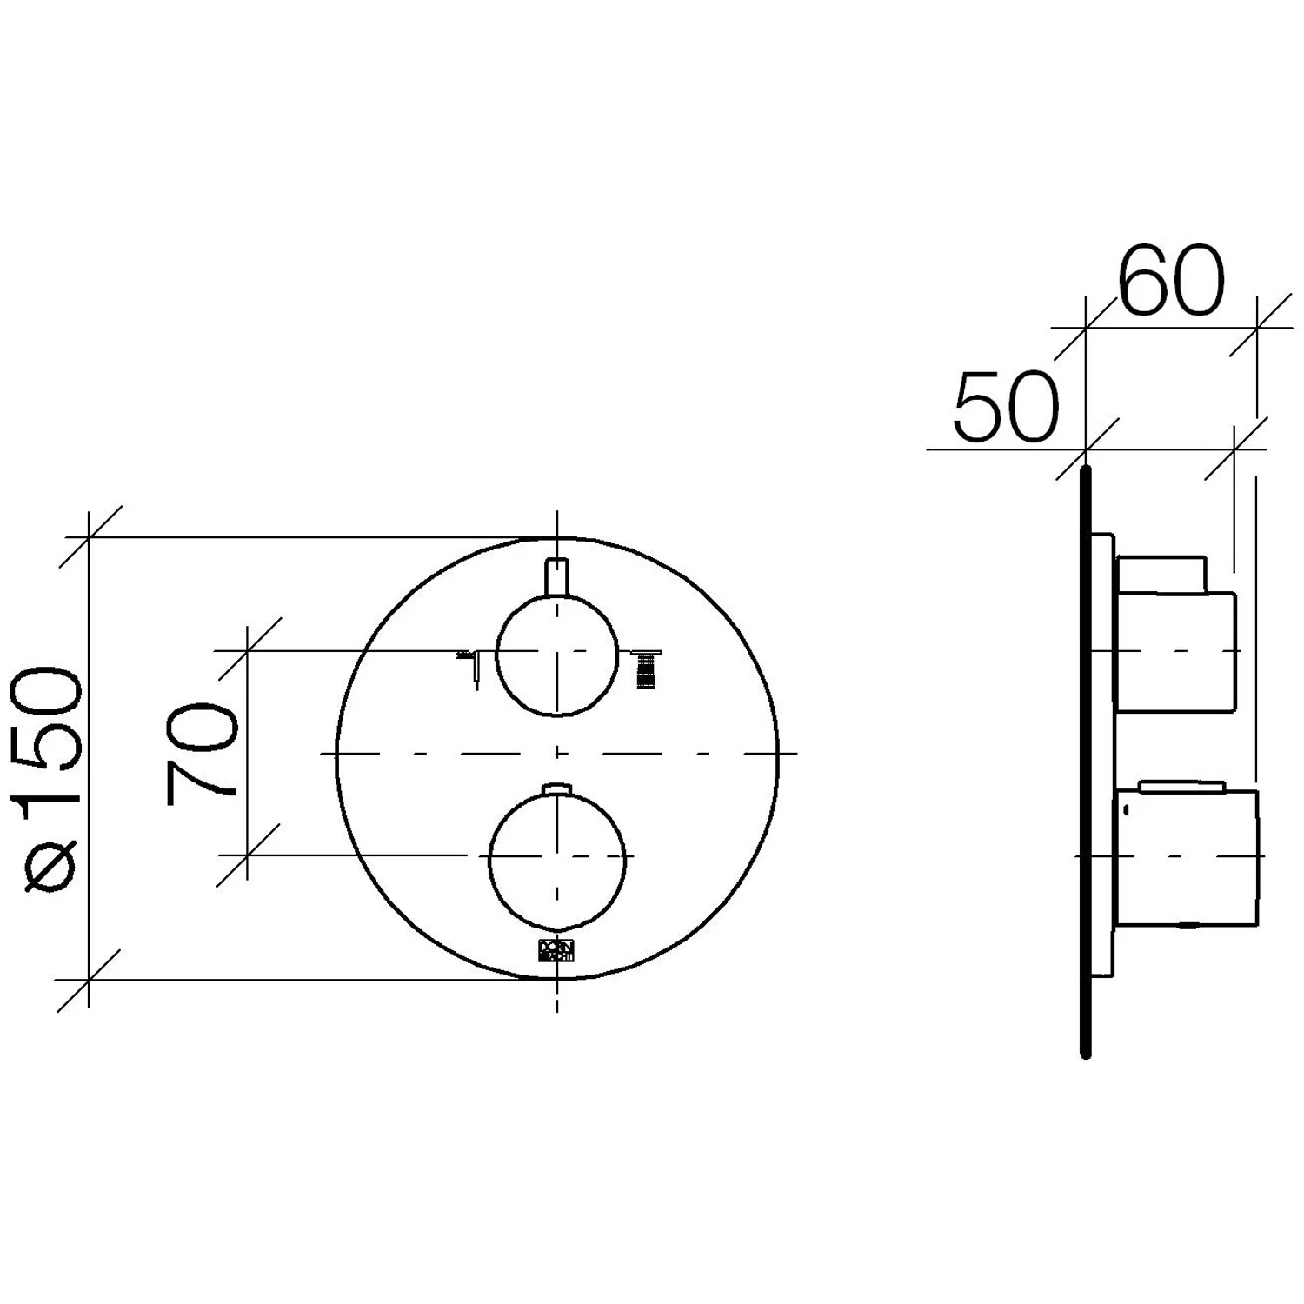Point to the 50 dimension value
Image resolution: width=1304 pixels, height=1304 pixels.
click(1006, 407)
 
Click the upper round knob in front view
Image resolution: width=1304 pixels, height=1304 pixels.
click(556, 656)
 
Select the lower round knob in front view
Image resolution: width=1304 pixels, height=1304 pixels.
click(557, 856)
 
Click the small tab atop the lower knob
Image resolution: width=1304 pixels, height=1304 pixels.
click(556, 788)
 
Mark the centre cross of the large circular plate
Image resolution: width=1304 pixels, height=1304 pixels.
click(557, 753)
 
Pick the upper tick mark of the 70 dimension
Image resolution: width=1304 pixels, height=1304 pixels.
click(249, 650)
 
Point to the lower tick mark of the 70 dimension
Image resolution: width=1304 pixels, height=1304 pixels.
click(249, 855)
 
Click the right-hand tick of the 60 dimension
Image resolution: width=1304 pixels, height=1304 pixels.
click(1257, 328)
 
